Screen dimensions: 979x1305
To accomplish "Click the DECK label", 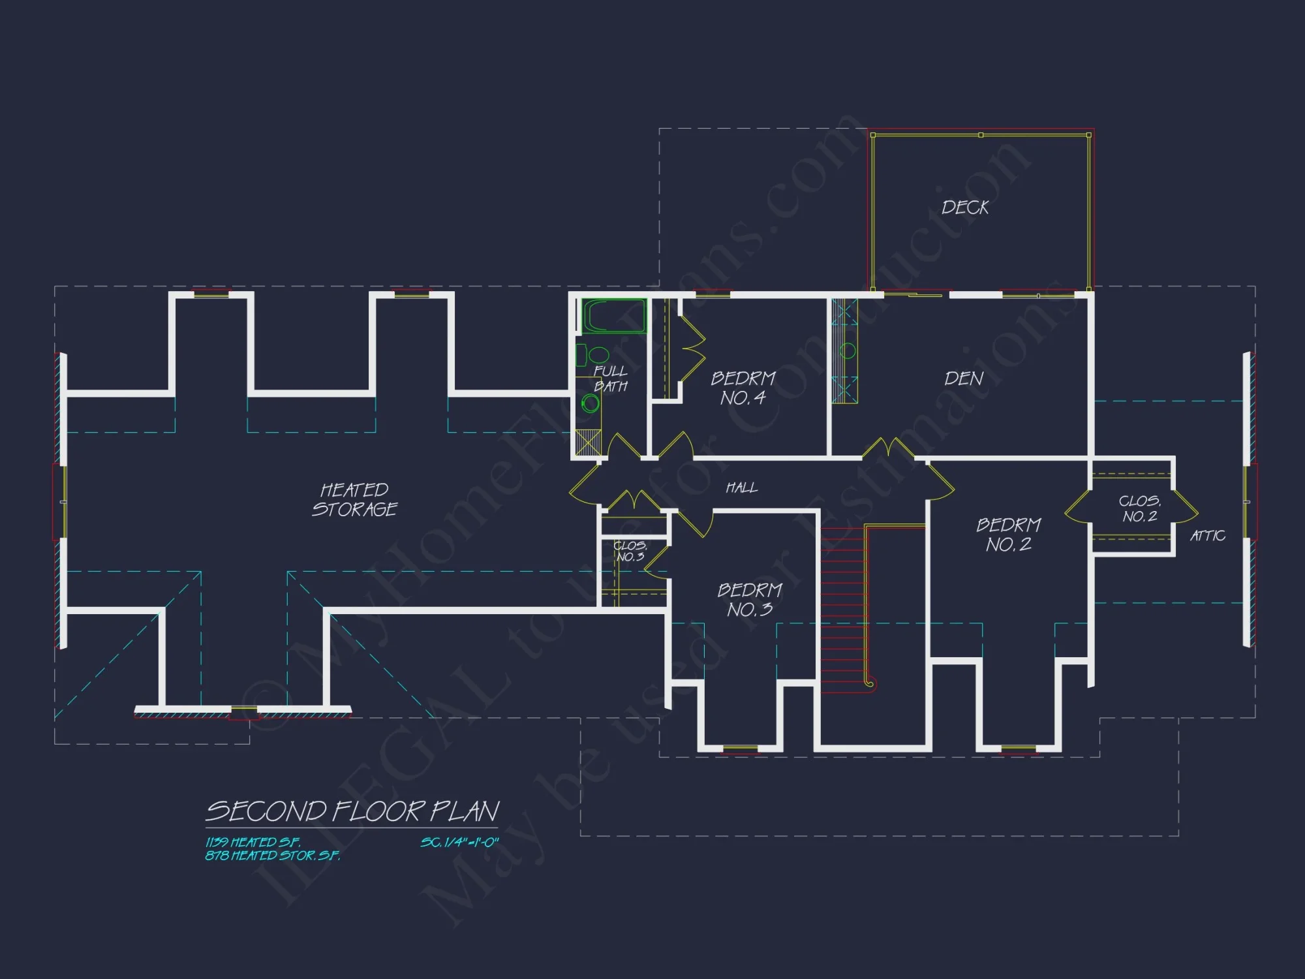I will click(x=965, y=208).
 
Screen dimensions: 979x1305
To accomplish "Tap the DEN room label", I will click(x=964, y=379).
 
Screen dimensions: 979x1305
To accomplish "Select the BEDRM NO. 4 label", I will click(x=743, y=388).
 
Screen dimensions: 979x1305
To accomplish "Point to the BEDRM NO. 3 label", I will click(x=750, y=600).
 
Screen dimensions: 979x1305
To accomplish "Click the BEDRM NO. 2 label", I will click(x=1009, y=535).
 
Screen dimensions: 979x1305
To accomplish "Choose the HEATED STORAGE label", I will click(x=354, y=499).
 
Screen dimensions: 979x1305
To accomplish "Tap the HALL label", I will click(x=742, y=488).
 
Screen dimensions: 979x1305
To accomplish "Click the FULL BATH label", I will click(x=611, y=379).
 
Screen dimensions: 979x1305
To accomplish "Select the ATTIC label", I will click(x=1207, y=536).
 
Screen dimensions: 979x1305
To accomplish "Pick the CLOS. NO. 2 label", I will click(x=1140, y=508).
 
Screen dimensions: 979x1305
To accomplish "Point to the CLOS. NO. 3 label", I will click(x=630, y=551).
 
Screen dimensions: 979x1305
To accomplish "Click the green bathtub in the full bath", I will click(x=613, y=316).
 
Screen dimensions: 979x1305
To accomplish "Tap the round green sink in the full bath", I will click(x=591, y=403).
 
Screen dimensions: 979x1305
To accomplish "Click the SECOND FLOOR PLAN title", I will click(x=352, y=811).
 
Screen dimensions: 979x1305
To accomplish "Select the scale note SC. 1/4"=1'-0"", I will click(x=459, y=843).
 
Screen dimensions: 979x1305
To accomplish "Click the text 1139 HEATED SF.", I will click(x=253, y=842).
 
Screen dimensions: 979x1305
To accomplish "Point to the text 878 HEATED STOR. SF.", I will click(x=273, y=855).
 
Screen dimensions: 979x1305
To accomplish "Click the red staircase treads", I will click(x=843, y=620).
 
